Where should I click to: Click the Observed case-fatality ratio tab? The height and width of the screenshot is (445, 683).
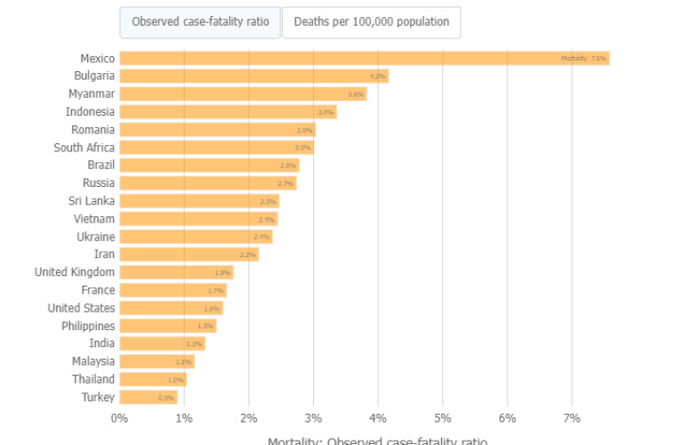[200, 22]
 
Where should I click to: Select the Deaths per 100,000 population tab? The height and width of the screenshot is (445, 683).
[371, 22]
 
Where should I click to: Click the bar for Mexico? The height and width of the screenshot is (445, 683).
[356, 59]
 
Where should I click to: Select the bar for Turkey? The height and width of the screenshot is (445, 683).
[148, 397]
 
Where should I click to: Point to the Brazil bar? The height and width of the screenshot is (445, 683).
[209, 166]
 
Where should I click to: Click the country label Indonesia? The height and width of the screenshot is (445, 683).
[90, 112]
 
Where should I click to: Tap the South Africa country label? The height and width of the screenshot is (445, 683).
[84, 148]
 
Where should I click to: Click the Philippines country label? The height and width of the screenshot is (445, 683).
[88, 326]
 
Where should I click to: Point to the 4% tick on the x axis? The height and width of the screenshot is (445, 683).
[378, 418]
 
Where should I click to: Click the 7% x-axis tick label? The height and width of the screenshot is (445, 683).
[572, 418]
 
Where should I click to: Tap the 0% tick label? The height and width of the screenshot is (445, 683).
[119, 418]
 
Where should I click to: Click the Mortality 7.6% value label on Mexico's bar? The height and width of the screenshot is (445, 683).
[584, 59]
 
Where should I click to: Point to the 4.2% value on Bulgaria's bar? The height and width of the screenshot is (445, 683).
[378, 77]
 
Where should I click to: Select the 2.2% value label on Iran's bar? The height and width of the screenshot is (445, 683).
[248, 255]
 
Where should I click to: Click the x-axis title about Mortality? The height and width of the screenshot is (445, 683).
[378, 440]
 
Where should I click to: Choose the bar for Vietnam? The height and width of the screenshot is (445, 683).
[197, 219]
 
